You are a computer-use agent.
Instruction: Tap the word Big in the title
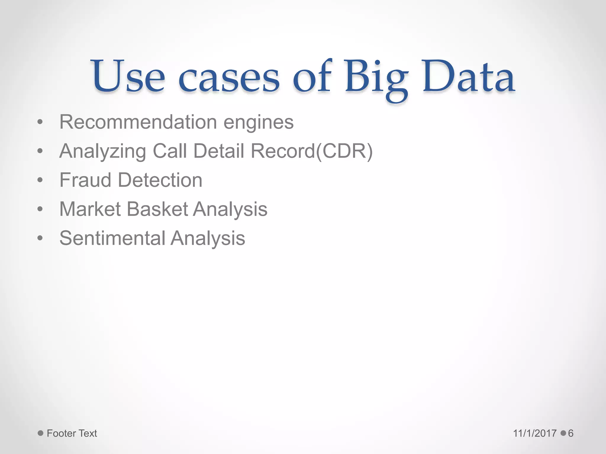pyautogui.click(x=376, y=77)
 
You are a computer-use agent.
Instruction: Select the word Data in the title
pyautogui.click(x=469, y=76)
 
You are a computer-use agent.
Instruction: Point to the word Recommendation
pyautogui.click(x=138, y=122)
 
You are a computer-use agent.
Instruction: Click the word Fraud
pyautogui.click(x=85, y=180)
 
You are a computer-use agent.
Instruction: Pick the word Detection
pyautogui.click(x=160, y=180)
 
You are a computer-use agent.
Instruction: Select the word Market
pyautogui.click(x=90, y=209)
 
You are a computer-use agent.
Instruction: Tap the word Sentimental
pyautogui.click(x=112, y=238)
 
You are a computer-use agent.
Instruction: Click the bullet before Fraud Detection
pyautogui.click(x=40, y=180)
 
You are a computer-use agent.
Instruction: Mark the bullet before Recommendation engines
pyautogui.click(x=40, y=122)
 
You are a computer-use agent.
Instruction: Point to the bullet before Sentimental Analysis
pyautogui.click(x=40, y=238)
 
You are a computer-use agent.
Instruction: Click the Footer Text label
pyautogui.click(x=72, y=433)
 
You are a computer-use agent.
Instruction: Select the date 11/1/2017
pyautogui.click(x=535, y=433)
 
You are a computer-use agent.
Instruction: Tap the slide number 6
pyautogui.click(x=570, y=433)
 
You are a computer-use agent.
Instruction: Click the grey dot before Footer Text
pyautogui.click(x=41, y=433)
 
